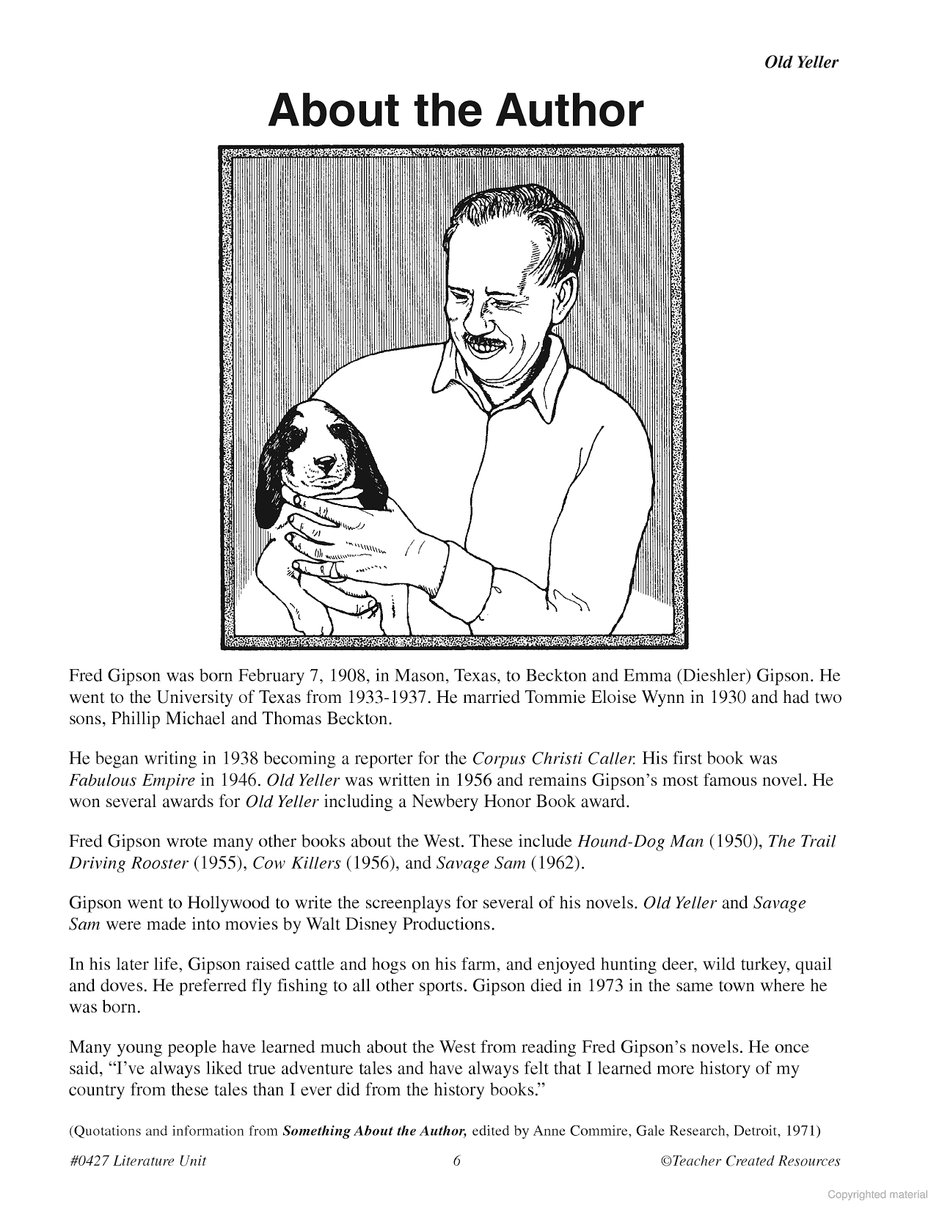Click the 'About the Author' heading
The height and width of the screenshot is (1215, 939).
click(x=456, y=111)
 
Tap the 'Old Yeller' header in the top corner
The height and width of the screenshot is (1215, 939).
click(x=801, y=62)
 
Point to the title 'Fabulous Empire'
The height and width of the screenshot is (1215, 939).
click(x=132, y=780)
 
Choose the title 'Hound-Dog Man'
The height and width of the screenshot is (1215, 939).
click(x=640, y=841)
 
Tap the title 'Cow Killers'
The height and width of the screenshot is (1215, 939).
click(x=296, y=863)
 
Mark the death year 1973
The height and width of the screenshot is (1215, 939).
click(x=606, y=985)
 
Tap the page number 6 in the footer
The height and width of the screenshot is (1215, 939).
click(x=456, y=1161)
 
